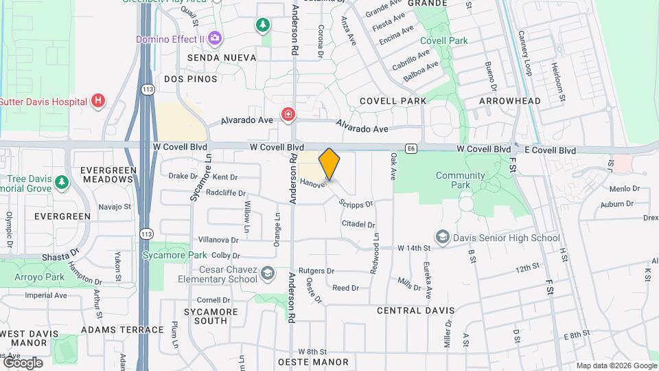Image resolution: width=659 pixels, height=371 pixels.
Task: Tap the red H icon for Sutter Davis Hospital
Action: click(x=98, y=102)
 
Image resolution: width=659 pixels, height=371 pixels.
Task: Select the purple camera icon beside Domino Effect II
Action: click(x=215, y=38)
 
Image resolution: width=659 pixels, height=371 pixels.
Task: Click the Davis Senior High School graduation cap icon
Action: click(x=443, y=238)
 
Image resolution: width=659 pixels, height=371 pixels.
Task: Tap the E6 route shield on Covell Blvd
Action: click(x=411, y=148)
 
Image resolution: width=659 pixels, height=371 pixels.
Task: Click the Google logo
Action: click(x=23, y=363)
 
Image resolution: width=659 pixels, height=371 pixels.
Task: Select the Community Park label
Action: click(x=462, y=180)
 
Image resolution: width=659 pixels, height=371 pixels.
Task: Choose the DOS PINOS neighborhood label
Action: click(x=190, y=79)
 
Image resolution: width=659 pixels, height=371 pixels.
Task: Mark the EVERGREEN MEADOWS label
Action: click(x=106, y=175)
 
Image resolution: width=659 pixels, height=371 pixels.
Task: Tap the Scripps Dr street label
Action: click(x=356, y=203)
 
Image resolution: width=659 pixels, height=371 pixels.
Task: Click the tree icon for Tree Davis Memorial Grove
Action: click(x=62, y=182)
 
